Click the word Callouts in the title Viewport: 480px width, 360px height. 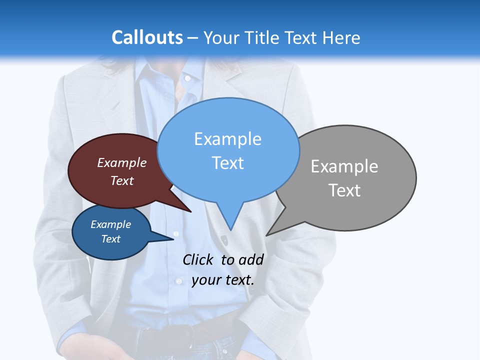[147, 37]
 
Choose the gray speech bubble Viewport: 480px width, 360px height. [370, 150]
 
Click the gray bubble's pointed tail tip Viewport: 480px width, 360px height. [267, 234]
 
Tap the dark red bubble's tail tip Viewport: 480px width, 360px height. [190, 211]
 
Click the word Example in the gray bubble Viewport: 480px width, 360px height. [344, 166]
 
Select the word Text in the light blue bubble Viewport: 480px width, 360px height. [228, 163]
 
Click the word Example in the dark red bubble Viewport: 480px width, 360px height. [122, 162]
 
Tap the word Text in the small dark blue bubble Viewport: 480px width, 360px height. [111, 239]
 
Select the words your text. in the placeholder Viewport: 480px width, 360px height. [223, 280]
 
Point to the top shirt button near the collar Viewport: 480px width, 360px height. [187, 78]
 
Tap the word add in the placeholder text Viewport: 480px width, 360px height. [251, 259]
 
